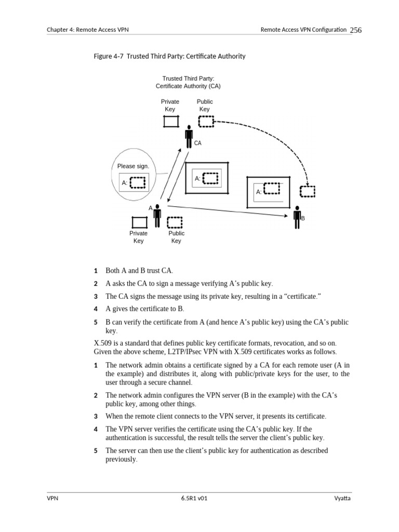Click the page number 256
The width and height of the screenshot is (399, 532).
coord(355,30)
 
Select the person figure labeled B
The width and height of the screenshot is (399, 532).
coord(297,217)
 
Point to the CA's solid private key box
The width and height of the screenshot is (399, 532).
coord(171,122)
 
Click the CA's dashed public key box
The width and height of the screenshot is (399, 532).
coord(206,122)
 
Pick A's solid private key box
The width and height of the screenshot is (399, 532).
coord(139,222)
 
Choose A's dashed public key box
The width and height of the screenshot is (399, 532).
coord(175,222)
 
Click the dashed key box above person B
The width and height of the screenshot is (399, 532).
coord(308,192)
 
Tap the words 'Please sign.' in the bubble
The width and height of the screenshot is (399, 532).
coord(133,166)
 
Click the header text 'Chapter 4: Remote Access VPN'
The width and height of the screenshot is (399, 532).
coord(87,30)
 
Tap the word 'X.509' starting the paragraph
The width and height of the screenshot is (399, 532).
coord(102,343)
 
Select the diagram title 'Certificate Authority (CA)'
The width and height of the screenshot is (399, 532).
coord(188,86)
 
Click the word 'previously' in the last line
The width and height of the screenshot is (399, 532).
coord(121,459)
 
